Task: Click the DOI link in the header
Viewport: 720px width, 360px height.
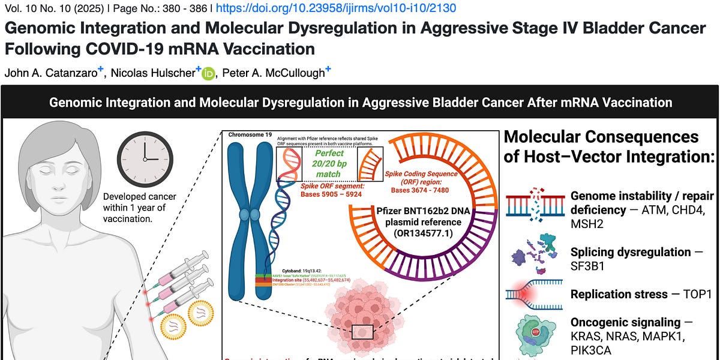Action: [335, 8]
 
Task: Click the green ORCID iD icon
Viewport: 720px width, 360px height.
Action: [208, 73]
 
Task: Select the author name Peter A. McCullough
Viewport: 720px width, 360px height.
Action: [273, 73]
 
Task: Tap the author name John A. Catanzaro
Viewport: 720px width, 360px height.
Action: [50, 73]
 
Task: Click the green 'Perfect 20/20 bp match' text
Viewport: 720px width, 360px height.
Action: [328, 162]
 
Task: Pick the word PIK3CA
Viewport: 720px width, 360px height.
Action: [591, 349]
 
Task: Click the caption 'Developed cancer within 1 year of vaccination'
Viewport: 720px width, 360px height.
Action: [134, 208]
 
